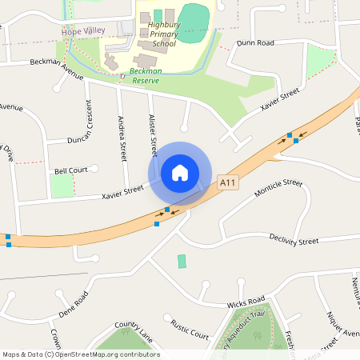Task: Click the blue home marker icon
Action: (179, 172)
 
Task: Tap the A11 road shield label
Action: (228, 183)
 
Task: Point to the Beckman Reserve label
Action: (146, 76)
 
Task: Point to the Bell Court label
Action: (71, 170)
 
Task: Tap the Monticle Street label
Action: (278, 189)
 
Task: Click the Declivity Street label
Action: (294, 240)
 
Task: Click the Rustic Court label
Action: (190, 329)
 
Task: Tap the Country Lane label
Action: (133, 330)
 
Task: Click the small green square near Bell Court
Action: (62, 186)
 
